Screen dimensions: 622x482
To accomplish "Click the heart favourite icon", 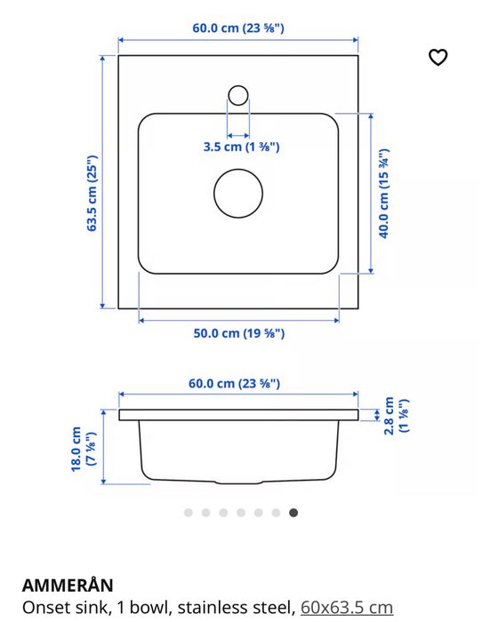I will point(438,58).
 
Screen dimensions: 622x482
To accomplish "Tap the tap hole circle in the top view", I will point(238,94).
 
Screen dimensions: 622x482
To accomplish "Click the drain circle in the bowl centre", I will point(238,191).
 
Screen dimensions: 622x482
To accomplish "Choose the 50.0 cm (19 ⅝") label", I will point(238,333).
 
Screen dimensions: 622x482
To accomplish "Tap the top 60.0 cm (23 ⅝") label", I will point(238,28).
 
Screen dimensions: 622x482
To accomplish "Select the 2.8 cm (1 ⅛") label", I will point(398,415).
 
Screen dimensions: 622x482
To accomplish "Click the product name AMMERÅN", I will point(68,585).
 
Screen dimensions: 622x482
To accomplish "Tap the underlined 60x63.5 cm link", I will point(346,608).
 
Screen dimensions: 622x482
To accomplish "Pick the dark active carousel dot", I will point(293,513).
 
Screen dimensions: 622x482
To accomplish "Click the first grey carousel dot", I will point(188,513).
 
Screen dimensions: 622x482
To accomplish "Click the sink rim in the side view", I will point(238,415).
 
